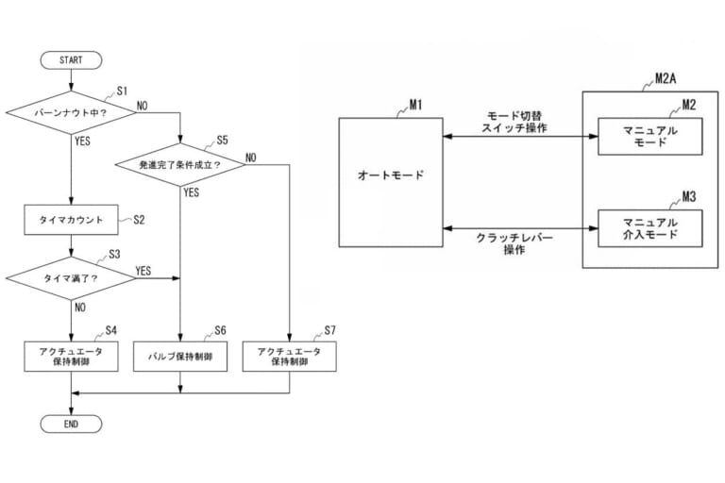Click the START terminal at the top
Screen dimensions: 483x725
click(71, 59)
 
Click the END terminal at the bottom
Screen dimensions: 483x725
click(71, 425)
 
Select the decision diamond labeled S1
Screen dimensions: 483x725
click(71, 113)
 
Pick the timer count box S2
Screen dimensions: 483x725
click(71, 219)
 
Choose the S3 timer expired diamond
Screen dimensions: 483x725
click(71, 278)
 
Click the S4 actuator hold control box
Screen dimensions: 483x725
click(71, 356)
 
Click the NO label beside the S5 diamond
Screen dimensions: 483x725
click(251, 157)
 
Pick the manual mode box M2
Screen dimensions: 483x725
click(648, 136)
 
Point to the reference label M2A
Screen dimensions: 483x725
click(667, 81)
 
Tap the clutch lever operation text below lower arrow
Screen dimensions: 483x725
click(514, 244)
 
